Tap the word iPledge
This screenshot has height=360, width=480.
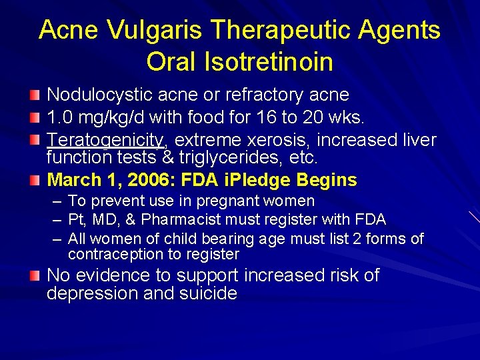tap(262, 180)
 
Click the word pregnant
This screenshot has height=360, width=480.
tap(215, 201)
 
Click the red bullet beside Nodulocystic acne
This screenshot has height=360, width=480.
tap(35, 95)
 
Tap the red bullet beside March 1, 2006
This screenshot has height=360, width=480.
tap(35, 180)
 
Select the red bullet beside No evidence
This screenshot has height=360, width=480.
tap(35, 275)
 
